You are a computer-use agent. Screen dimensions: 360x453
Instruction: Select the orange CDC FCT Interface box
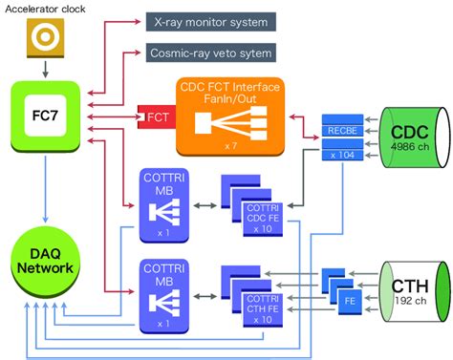(242, 116)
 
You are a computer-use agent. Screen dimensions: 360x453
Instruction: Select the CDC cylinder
(412, 138)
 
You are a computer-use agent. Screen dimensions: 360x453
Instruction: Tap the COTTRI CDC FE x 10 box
(266, 222)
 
